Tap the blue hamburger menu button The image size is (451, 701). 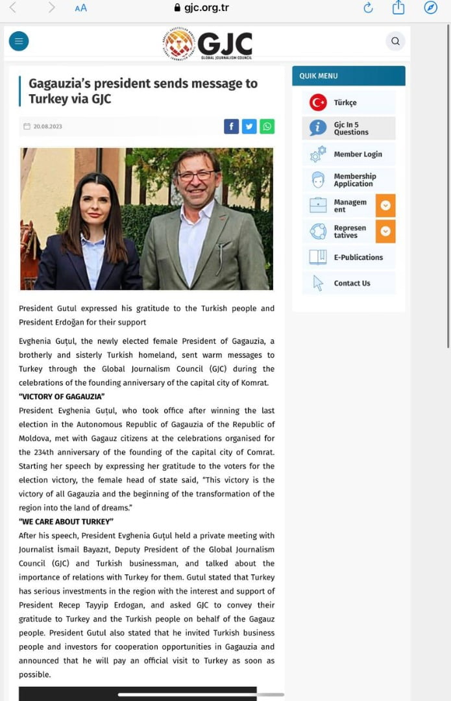(18, 42)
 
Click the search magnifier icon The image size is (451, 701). (395, 42)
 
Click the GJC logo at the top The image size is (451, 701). (208, 44)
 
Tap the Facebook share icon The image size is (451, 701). (231, 127)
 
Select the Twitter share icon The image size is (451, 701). (249, 127)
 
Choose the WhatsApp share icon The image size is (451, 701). (267, 127)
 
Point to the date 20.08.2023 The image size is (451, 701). (47, 127)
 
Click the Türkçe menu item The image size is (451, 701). (345, 103)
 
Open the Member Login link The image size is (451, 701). (358, 154)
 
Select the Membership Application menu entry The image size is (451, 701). (355, 180)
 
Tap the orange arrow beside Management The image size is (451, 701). (385, 206)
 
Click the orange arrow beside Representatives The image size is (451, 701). (385, 231)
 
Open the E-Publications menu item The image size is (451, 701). (358, 257)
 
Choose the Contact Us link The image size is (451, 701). (352, 283)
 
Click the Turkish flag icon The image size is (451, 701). (318, 103)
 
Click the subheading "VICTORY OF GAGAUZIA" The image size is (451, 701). (62, 397)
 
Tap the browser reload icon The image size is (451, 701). (368, 8)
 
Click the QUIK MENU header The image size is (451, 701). (319, 76)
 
